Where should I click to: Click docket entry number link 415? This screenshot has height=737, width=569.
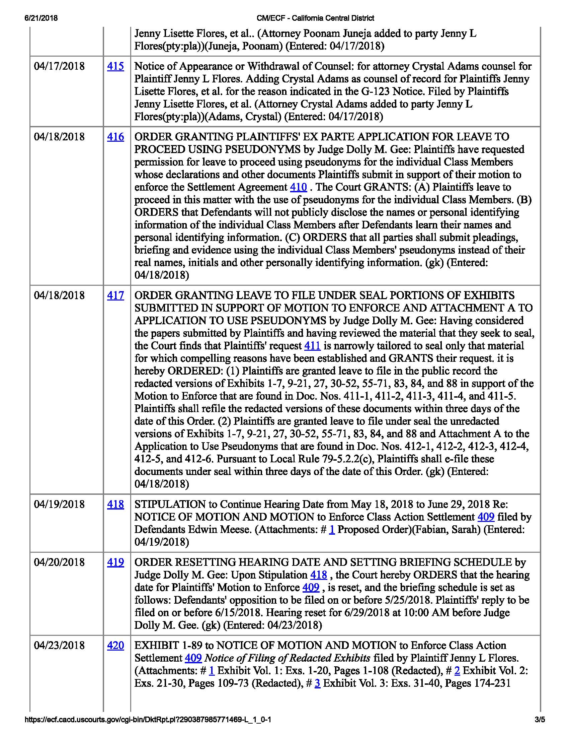coord(115,66)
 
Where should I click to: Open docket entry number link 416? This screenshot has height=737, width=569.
coord(115,137)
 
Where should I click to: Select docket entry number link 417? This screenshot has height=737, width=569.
coord(115,295)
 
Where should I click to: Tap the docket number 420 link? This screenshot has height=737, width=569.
coord(115,645)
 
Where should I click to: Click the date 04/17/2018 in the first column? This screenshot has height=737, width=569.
coord(59,66)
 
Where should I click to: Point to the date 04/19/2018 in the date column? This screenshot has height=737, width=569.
coord(59,504)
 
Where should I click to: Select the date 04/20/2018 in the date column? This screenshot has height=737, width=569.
coord(59,562)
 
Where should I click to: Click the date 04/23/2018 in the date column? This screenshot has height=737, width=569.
coord(59,645)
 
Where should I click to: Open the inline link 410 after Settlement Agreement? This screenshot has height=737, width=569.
coord(298,187)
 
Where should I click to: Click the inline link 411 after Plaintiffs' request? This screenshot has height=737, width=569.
coord(312,346)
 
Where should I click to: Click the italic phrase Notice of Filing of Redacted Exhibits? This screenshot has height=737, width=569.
coord(288,658)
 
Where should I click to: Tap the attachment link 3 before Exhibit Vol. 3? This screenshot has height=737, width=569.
coord(317,683)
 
